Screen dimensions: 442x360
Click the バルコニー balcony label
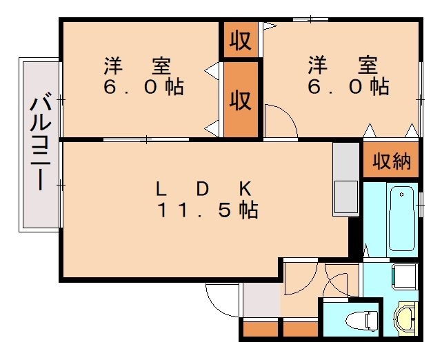(x=41, y=143)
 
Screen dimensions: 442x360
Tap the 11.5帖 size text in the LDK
(x=208, y=210)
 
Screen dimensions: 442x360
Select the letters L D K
(x=203, y=188)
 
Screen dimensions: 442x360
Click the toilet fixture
(x=362, y=321)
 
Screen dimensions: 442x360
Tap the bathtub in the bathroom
(x=402, y=219)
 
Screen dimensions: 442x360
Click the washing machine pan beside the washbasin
(x=405, y=277)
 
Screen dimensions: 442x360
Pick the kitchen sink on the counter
(x=345, y=197)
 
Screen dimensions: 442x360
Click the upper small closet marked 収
(x=241, y=40)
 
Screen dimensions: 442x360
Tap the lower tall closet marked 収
(x=241, y=100)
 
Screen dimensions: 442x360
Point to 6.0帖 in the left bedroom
(x=143, y=87)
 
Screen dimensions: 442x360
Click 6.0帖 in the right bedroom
(x=348, y=87)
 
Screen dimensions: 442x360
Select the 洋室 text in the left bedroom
(x=137, y=66)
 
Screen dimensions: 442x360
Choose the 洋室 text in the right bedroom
(x=343, y=65)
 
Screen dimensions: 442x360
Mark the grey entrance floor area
(x=261, y=300)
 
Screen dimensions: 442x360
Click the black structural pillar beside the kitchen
(x=354, y=237)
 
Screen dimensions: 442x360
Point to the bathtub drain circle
(x=402, y=194)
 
